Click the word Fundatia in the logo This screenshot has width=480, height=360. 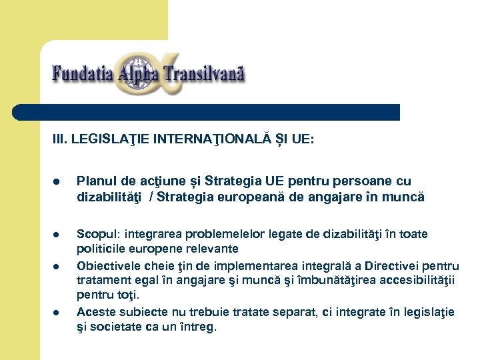82,73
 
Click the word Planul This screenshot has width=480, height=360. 93,181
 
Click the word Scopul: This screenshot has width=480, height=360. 98,234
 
